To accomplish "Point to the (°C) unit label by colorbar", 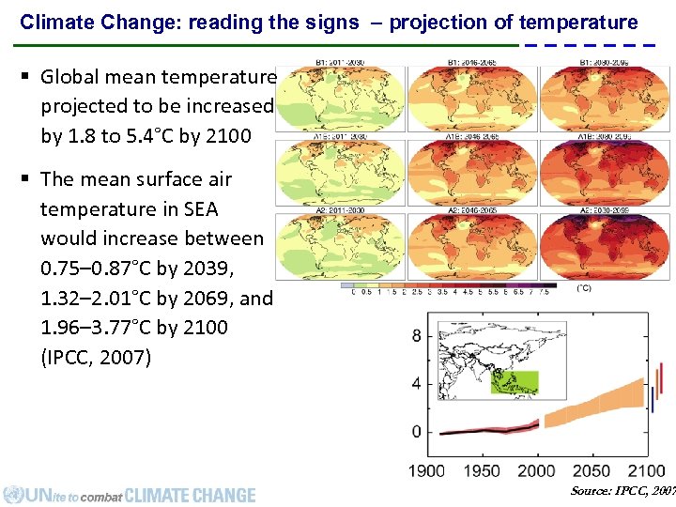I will [584, 287].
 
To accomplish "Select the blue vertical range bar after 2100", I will [653, 398].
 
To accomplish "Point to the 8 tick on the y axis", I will [417, 335].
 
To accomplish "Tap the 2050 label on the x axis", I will [591, 470].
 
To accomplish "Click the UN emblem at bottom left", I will [13, 494].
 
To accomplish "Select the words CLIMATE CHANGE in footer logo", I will [190, 495].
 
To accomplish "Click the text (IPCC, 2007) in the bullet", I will [96, 357].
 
